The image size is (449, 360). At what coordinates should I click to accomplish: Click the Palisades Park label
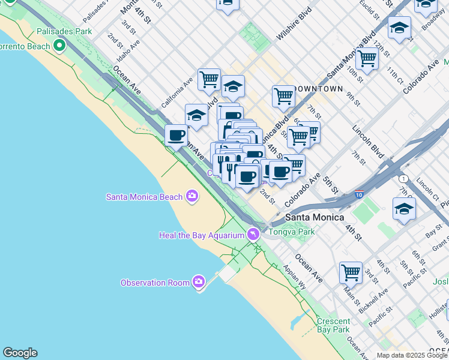pyautogui.click(x=64, y=31)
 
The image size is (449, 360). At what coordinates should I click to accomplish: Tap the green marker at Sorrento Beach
pyautogui.click(x=59, y=46)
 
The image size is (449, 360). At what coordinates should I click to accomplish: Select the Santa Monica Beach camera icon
pyautogui.click(x=192, y=196)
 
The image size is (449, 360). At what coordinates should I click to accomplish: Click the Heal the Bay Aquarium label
pyautogui.click(x=201, y=235)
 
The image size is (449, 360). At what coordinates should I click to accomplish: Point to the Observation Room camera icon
pyautogui.click(x=199, y=282)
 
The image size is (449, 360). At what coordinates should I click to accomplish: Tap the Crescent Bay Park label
pyautogui.click(x=333, y=325)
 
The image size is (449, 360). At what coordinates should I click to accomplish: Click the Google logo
pyautogui.click(x=20, y=353)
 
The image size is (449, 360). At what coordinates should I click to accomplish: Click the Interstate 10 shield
pyautogui.click(x=359, y=195)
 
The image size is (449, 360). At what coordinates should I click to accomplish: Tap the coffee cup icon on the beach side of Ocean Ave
pyautogui.click(x=176, y=135)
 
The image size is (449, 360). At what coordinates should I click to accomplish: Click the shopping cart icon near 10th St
pyautogui.click(x=366, y=59)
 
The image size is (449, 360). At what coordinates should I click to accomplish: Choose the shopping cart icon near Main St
pyautogui.click(x=351, y=272)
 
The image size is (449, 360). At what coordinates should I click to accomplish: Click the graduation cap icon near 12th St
pyautogui.click(x=399, y=27)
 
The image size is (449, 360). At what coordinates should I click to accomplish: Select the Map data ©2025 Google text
pyautogui.click(x=411, y=355)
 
